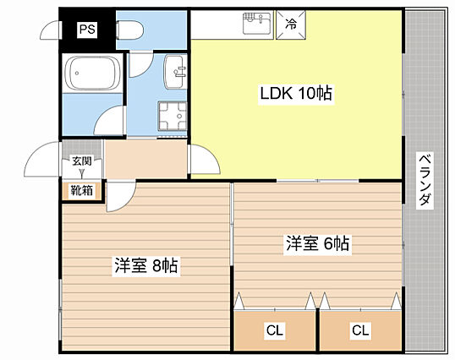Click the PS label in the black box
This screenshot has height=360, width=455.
point(87,30)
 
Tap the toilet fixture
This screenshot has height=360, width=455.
point(129,30)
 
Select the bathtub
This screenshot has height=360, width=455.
point(92,73)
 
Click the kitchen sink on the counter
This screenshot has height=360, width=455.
point(258,23)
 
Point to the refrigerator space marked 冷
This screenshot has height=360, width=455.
point(291,25)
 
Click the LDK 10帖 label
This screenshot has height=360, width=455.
point(296,94)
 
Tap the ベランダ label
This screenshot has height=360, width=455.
point(425,180)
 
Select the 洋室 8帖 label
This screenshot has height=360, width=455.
point(146,265)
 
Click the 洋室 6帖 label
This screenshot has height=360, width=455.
point(317,243)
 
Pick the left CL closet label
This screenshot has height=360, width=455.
point(275,330)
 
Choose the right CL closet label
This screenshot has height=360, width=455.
point(360,330)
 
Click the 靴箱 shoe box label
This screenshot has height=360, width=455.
point(82,190)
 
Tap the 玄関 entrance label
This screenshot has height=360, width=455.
point(82,161)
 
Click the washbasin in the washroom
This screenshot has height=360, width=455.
point(175,72)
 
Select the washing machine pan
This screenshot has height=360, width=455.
point(173,116)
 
